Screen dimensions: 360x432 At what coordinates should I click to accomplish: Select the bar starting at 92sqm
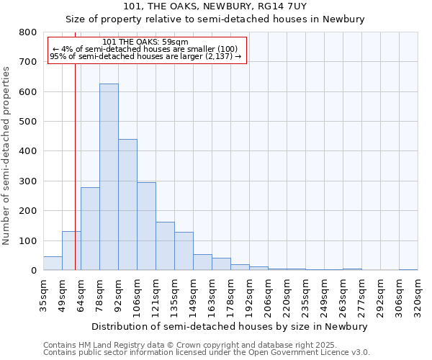[127, 204]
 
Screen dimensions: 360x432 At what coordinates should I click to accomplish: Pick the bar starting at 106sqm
[146, 226]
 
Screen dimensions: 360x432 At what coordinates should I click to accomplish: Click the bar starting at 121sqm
[165, 246]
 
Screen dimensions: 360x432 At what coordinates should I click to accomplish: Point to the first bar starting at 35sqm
[53, 264]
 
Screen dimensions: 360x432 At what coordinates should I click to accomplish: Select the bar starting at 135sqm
[184, 251]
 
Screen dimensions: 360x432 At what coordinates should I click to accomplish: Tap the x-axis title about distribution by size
[230, 326]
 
